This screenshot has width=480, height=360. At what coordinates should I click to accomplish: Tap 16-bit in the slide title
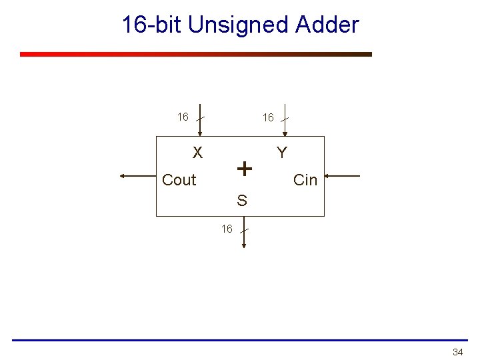[152, 25]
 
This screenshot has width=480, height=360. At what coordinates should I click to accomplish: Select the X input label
[197, 153]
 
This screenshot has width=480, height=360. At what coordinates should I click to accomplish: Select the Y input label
[282, 153]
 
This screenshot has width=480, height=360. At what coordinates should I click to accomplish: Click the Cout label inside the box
[179, 180]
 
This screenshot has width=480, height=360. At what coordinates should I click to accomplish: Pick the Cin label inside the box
[305, 180]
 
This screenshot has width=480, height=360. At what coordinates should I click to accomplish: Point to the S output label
[241, 200]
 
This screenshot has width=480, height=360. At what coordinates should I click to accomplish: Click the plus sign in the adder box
[245, 169]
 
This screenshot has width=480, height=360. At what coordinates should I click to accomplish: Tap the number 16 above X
[183, 117]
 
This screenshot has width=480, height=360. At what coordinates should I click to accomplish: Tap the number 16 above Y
[268, 118]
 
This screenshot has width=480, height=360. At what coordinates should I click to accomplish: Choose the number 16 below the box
[227, 229]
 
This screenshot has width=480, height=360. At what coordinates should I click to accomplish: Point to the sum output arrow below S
[244, 233]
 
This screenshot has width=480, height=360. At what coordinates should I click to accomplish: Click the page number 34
[457, 352]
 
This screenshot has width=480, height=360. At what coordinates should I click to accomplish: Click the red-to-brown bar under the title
[196, 55]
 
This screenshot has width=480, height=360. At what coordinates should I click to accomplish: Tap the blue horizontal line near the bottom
[240, 340]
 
